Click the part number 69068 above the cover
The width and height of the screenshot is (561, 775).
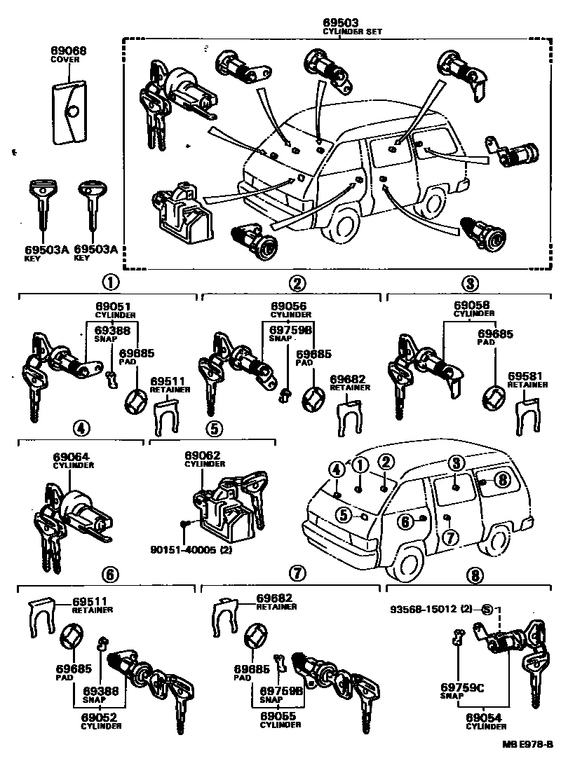[x=67, y=50]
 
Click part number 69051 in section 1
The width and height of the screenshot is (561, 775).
[x=113, y=306]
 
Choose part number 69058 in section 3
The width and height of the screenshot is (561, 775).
[x=471, y=306]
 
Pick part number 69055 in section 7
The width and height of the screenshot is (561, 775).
[x=280, y=716]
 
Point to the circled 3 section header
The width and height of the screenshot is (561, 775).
[x=469, y=283]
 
